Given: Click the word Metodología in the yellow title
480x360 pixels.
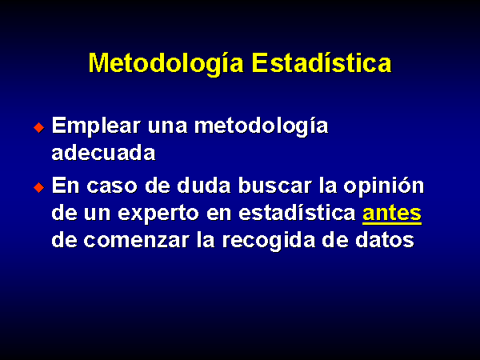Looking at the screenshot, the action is click(166, 64).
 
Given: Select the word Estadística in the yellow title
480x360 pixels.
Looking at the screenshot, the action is click(322, 62).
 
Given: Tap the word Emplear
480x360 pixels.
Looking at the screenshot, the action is click(96, 126).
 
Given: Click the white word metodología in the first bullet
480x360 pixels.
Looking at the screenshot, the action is click(262, 126).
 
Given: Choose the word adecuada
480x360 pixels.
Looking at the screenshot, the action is click(103, 153).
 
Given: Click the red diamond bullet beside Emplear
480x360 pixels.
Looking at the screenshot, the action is click(39, 127).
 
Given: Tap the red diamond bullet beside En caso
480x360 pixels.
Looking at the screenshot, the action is click(39, 187).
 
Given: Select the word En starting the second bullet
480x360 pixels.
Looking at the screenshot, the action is click(66, 186).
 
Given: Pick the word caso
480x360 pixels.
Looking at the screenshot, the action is click(112, 186).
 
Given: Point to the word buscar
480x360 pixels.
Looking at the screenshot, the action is click(274, 186).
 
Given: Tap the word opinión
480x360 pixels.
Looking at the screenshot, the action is click(384, 186).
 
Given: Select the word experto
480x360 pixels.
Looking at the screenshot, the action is click(158, 214).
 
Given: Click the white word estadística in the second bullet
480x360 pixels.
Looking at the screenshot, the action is click(297, 213).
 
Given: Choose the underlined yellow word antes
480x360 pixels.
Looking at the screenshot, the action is click(392, 214).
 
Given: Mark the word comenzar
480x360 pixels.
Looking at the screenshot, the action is click(136, 241).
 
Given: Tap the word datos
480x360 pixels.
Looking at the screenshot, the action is click(385, 240).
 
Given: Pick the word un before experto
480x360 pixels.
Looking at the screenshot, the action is click(97, 214).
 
